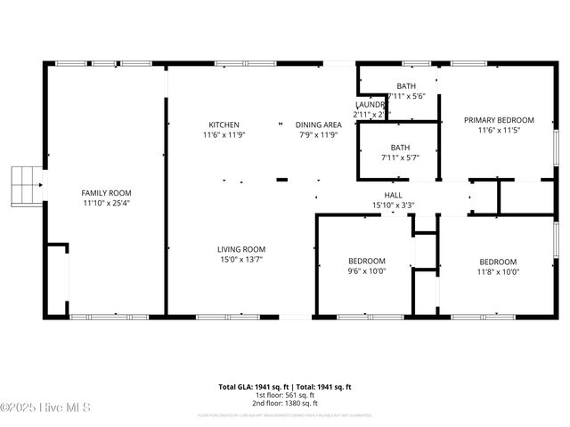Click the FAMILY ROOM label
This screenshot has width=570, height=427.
(x=106, y=193)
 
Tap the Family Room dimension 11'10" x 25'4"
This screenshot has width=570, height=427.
(x=106, y=204)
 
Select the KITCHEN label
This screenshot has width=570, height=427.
(x=224, y=125)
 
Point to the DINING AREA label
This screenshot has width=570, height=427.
(x=319, y=125)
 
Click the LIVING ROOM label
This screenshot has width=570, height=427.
(x=241, y=249)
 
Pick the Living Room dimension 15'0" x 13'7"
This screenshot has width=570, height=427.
(x=241, y=260)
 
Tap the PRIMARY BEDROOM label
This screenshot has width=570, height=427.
(x=499, y=120)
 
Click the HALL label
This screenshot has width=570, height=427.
(x=393, y=195)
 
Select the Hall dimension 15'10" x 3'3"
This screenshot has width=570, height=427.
(x=393, y=205)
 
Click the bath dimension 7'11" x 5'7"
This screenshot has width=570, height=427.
(x=400, y=158)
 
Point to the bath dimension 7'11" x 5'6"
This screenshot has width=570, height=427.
(x=406, y=96)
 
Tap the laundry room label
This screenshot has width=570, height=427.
(x=370, y=104)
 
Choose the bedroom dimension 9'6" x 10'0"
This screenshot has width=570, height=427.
(x=366, y=272)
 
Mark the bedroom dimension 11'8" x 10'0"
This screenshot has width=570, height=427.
(x=498, y=272)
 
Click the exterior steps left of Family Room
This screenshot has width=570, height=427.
(x=26, y=185)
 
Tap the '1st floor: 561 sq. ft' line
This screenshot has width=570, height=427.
(x=285, y=396)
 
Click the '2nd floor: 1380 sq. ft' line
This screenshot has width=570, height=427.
(x=285, y=405)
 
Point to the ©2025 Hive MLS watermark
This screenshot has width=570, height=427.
(x=45, y=408)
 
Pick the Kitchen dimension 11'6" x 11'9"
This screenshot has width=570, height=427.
(x=224, y=135)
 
